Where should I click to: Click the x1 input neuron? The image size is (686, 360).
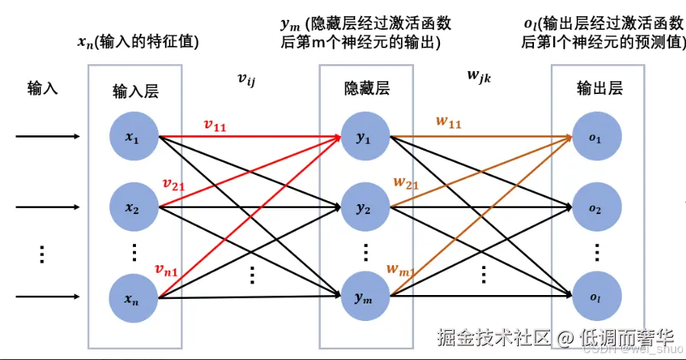(x=134, y=138)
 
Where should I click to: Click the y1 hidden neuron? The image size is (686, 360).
(x=365, y=138)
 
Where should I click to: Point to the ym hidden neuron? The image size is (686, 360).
(x=365, y=296)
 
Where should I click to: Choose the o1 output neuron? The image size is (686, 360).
(x=594, y=138)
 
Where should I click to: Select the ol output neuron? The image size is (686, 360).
(x=594, y=296)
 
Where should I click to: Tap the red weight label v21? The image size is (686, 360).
(x=174, y=183)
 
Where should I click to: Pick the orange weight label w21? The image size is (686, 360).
(x=406, y=183)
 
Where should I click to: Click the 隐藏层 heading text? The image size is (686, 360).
(x=367, y=89)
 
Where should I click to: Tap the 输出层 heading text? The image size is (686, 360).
(x=599, y=89)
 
